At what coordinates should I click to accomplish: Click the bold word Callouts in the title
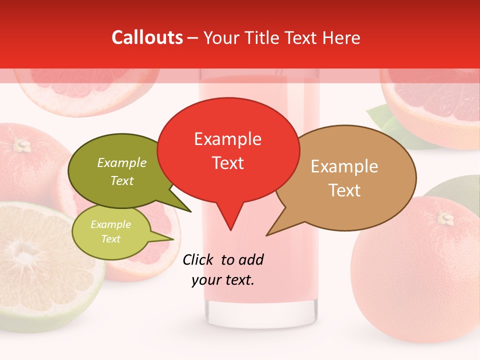[147, 37]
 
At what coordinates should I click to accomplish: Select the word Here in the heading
[340, 37]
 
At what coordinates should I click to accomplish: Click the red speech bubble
[228, 150]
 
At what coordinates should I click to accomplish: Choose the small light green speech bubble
[110, 231]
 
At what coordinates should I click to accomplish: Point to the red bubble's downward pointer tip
[230, 230]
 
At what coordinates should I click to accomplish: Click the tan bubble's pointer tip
[267, 235]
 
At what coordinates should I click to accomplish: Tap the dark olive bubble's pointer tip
[190, 211]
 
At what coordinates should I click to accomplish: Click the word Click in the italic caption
[198, 259]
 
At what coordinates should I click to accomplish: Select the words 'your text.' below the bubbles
[223, 280]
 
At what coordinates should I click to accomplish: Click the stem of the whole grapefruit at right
[445, 218]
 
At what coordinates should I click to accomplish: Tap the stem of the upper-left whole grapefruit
[21, 145]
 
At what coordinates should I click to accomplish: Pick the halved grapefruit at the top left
[85, 90]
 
